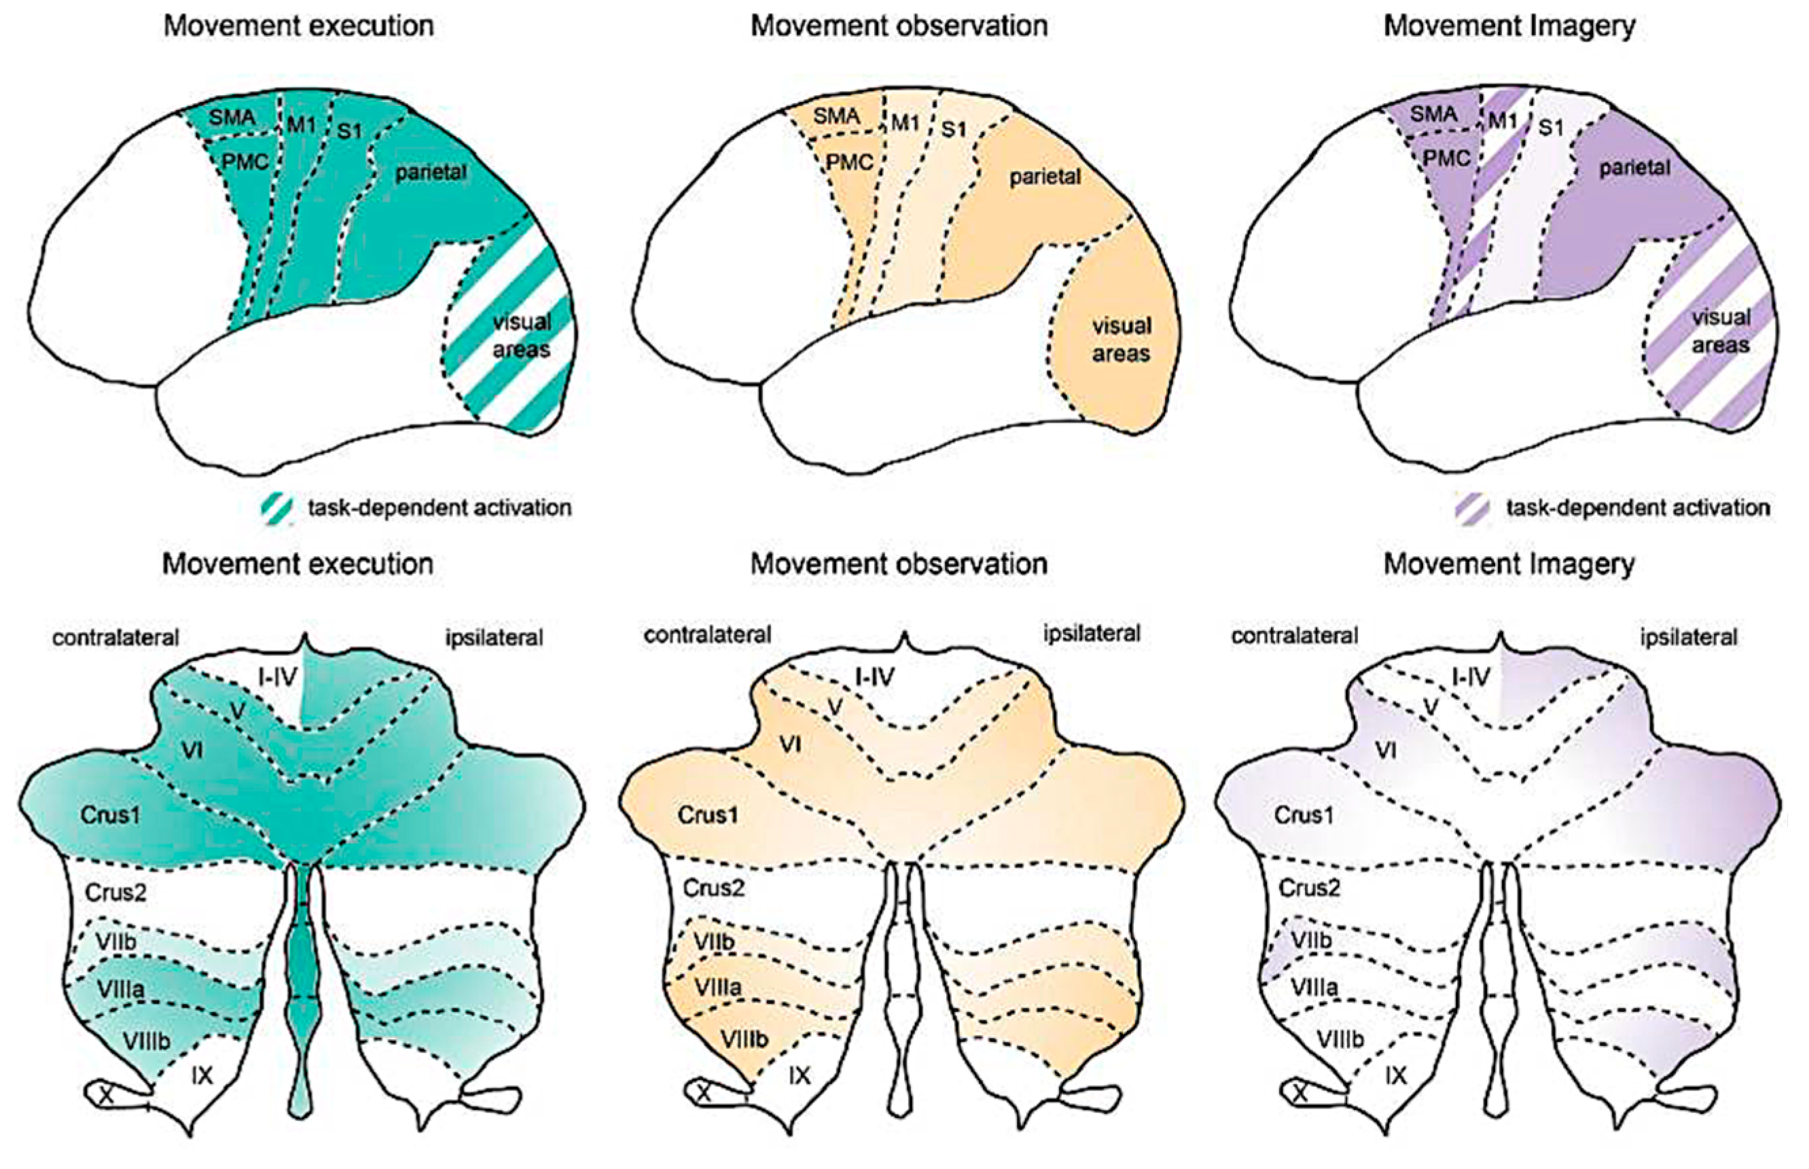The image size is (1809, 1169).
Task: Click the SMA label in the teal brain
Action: point(232,118)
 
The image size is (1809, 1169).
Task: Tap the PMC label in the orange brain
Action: point(848,162)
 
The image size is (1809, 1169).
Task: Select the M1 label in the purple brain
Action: point(1503,121)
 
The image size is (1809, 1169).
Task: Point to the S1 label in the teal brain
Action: point(349,130)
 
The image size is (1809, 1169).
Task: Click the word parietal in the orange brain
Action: point(1045,177)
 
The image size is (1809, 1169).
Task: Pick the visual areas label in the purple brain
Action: point(1721,331)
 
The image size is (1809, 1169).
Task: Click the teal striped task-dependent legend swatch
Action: point(276,508)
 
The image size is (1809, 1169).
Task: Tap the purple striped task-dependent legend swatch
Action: point(1472,508)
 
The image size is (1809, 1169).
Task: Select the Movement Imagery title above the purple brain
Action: point(1509,26)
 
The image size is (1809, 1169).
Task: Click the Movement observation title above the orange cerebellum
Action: point(899,564)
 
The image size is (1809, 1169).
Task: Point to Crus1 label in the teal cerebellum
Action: point(111,815)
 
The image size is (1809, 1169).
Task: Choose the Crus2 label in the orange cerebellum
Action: point(713,887)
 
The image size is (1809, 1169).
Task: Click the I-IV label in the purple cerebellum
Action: point(1471,677)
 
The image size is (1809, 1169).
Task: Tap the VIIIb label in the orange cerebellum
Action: point(744,1039)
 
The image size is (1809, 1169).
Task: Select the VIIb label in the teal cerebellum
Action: point(115,941)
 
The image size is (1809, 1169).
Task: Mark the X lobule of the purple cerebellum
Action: point(1300,1093)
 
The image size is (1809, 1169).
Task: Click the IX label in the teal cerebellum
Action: point(202,1075)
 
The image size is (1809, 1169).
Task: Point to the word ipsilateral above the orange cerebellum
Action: point(1092,634)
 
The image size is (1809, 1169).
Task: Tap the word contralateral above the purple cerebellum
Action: point(1294,635)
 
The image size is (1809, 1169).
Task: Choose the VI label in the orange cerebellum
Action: point(790,744)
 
